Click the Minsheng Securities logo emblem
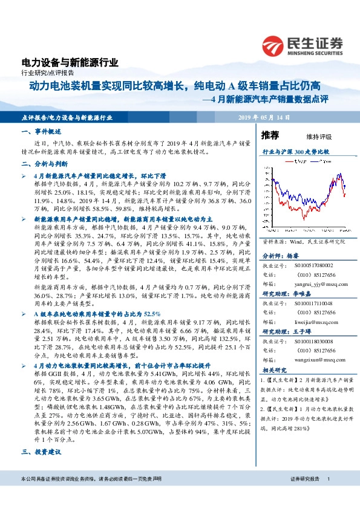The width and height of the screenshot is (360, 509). (273, 45)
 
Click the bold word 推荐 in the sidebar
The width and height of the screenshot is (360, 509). (270, 135)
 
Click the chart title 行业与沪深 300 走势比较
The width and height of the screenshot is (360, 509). (296, 153)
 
